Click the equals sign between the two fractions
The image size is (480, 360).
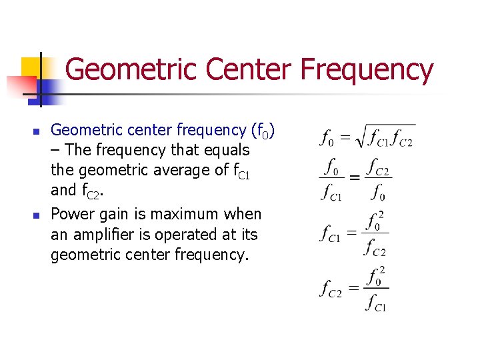pyautogui.click(x=355, y=178)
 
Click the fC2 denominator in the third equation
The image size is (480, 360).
pyautogui.click(x=375, y=249)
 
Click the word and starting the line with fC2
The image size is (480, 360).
pyautogui.click(x=63, y=191)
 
